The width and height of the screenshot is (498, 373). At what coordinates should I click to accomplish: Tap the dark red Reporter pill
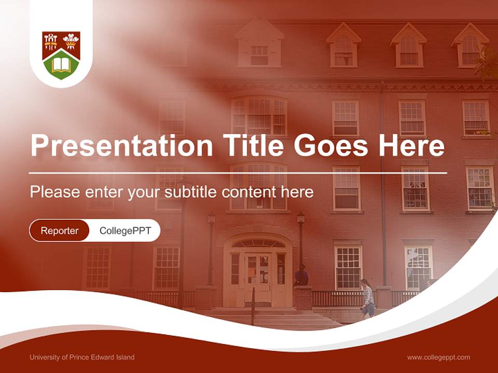pos(60,231)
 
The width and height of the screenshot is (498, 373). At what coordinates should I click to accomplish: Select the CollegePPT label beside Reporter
pos(125,231)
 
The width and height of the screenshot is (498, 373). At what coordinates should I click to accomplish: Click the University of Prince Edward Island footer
pos(82,357)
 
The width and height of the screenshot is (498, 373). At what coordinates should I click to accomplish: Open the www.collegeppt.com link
pos(438,357)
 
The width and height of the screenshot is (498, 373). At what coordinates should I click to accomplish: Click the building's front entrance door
pos(257,277)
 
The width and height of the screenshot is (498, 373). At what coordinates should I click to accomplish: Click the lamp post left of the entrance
pos(211,249)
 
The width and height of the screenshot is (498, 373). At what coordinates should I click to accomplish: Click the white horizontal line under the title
pos(238,173)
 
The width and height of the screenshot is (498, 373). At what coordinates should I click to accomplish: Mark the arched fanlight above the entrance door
pos(258,243)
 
